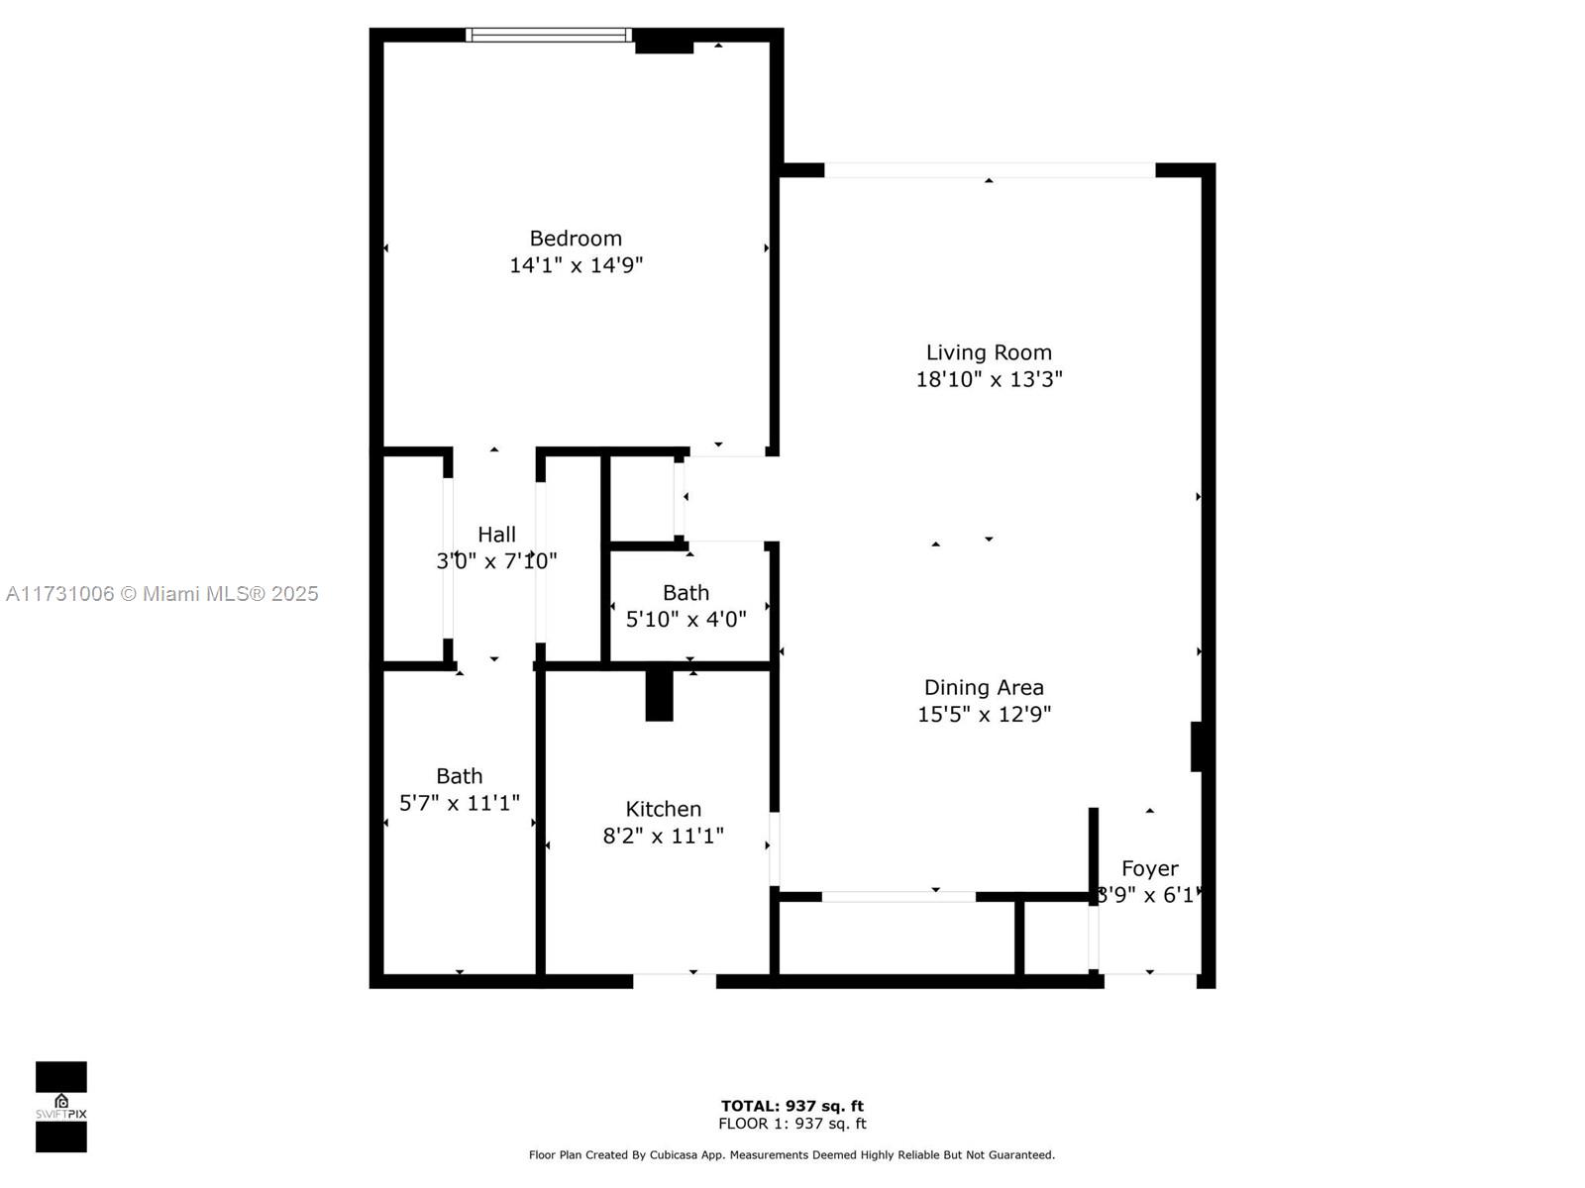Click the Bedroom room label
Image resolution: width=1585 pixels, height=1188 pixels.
coord(576,238)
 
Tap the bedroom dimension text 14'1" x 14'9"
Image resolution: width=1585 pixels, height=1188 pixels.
coord(576,265)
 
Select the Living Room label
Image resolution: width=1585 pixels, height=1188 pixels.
coord(989,352)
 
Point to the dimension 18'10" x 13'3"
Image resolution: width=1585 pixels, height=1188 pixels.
coord(989,379)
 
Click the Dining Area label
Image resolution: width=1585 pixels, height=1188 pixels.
coord(984,687)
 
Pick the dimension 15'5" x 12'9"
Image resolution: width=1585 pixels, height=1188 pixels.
coord(984,714)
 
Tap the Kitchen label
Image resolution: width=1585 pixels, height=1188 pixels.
coord(663,809)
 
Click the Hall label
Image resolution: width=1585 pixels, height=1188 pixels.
coord(497,535)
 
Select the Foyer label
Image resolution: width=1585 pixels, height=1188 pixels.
coord(1149,868)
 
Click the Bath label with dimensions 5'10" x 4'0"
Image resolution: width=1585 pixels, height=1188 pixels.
coord(686,593)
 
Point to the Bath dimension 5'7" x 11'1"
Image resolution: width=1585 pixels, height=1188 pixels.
coord(460,803)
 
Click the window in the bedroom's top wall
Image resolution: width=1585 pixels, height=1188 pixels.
coord(549,35)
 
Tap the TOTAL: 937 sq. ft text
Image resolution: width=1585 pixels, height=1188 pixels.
coord(792,1106)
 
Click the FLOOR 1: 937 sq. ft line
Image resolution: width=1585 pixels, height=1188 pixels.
coord(792,1124)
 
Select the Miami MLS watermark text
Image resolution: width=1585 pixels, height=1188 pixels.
coord(161,594)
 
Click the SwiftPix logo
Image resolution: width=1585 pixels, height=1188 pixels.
coord(61,1107)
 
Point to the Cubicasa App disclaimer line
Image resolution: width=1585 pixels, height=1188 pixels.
coord(792,1154)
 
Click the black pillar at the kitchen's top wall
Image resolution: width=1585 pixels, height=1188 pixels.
coord(659,695)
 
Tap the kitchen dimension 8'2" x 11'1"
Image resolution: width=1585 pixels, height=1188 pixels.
coord(663,836)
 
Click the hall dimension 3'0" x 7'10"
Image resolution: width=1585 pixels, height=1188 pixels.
coord(497,561)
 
